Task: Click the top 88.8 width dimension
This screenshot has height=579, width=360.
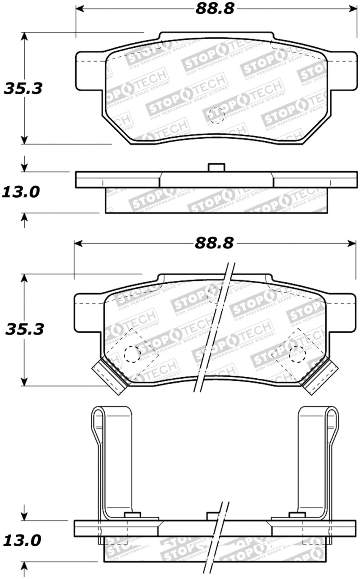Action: point(215,9)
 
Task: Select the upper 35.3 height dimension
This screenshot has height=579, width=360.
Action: point(23,88)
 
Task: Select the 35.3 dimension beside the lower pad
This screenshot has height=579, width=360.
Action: point(24,330)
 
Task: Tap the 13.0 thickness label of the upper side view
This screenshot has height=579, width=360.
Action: point(20,192)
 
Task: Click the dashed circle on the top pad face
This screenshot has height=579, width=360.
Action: point(216,115)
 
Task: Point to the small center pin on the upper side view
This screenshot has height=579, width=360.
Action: point(216,167)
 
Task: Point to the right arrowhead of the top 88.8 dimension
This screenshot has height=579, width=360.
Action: point(351,9)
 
